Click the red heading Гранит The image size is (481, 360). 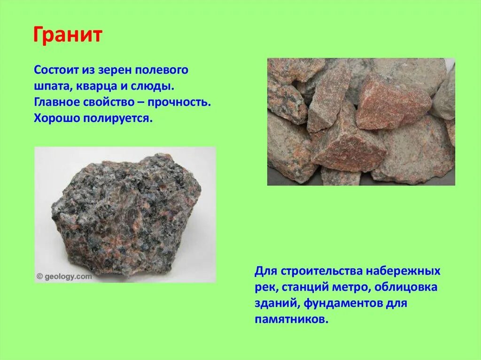pos(67,35)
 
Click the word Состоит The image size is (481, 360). pos(53,71)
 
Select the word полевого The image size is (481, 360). pos(162,71)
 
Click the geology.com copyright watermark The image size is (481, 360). pos(64,276)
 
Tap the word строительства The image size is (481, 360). pos(321,271)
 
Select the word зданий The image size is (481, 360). pos(277,303)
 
